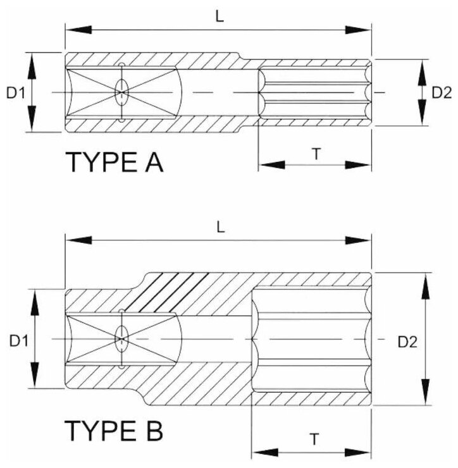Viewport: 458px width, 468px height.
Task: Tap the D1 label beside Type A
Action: (x=16, y=92)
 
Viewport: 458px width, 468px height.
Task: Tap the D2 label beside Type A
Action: (x=441, y=92)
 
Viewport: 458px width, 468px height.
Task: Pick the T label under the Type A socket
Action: (x=315, y=154)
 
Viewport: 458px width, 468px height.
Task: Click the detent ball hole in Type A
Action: (x=121, y=93)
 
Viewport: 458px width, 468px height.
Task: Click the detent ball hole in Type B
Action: (x=121, y=339)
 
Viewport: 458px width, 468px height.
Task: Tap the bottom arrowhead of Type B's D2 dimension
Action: (x=426, y=393)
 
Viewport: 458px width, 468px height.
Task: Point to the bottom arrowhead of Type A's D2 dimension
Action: (x=421, y=115)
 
